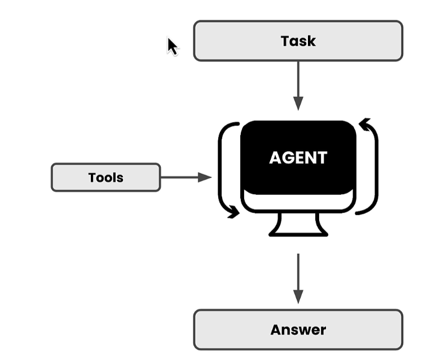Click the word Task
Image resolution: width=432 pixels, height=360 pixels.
pos(298,41)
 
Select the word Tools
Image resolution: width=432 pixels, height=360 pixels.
pos(106,178)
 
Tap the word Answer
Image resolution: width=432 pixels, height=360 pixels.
pos(298,330)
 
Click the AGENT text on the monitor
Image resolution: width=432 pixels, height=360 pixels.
pos(298,157)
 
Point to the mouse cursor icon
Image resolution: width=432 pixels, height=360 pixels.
pos(173,46)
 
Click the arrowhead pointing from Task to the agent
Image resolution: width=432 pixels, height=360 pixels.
pos(298,103)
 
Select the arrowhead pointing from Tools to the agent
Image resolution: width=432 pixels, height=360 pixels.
pos(205,177)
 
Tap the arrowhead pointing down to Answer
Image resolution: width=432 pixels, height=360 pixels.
pos(298,297)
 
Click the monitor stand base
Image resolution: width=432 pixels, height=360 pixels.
pos(298,235)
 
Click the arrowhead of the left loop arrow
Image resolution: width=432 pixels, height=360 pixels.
pos(233,212)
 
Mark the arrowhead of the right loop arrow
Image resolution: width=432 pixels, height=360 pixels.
pos(365,124)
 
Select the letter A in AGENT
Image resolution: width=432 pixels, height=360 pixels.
pos(276,157)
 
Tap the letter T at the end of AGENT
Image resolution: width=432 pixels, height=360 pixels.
pos(321,157)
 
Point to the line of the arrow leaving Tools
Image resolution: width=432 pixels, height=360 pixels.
pos(179,177)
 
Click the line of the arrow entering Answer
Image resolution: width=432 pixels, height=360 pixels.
pos(298,272)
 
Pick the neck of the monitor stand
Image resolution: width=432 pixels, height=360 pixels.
pos(298,223)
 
